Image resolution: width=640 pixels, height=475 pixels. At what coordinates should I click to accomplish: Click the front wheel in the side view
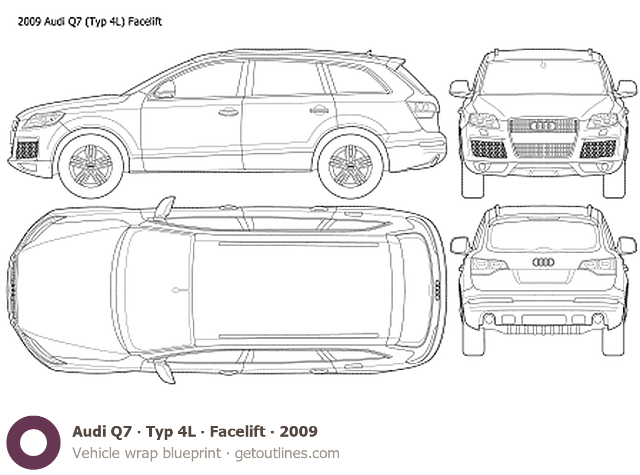[x=91, y=166]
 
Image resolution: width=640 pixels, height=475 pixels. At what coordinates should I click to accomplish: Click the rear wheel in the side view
[x=350, y=166]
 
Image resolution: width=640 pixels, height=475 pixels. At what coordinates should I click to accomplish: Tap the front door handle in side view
[x=228, y=111]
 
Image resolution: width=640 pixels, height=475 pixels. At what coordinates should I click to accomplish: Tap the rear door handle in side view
[x=319, y=110]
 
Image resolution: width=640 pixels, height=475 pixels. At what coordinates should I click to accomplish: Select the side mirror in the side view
[x=165, y=90]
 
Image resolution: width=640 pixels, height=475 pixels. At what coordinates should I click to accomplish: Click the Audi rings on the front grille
[x=543, y=126]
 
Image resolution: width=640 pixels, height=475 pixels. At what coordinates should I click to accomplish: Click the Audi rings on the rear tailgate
[x=543, y=262]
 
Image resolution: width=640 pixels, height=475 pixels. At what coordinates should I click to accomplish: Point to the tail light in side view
[x=423, y=109]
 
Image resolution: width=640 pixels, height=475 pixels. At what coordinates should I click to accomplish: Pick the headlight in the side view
[x=42, y=119]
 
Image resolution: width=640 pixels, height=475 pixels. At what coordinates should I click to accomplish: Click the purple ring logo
[x=33, y=443]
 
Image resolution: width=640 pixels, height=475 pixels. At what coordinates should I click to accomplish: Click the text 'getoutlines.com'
[x=287, y=453]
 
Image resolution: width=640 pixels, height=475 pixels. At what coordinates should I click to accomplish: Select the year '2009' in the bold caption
[x=298, y=431]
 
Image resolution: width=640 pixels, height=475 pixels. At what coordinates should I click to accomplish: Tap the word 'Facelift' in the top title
[x=145, y=22]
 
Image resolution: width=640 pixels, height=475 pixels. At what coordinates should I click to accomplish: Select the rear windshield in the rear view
[x=543, y=236]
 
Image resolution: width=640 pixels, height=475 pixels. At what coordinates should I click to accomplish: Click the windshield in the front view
[x=543, y=77]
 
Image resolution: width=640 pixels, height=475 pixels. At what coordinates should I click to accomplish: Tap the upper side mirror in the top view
[x=165, y=207]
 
